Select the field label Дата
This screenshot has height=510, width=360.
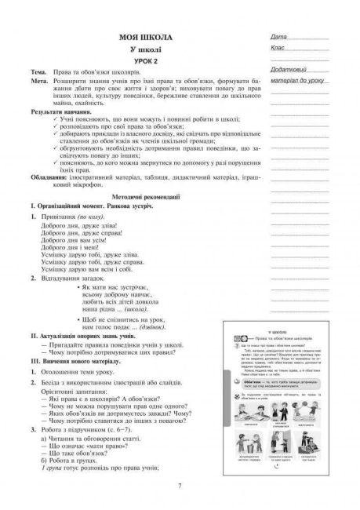[277, 37]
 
